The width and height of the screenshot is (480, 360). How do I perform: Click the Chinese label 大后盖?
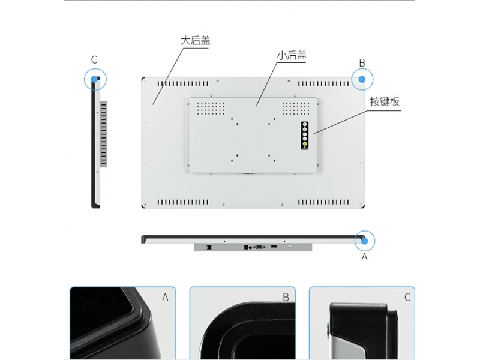coord(196,41)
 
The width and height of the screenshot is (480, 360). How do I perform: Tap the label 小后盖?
coord(292,55)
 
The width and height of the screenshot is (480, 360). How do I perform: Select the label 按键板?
coord(385,101)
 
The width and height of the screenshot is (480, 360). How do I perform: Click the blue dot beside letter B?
coord(362,79)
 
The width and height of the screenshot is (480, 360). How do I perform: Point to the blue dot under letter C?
coord(94,79)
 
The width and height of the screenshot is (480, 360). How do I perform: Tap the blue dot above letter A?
coord(364,241)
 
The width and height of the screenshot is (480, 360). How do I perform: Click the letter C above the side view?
coord(94,59)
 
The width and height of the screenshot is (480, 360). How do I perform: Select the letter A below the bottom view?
coord(364,257)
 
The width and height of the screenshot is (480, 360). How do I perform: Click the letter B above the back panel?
coord(362,63)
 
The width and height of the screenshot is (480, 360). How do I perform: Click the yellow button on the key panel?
coord(305,143)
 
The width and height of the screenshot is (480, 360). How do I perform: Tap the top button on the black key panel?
coord(305,125)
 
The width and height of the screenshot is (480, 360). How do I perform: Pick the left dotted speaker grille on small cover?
coord(211,109)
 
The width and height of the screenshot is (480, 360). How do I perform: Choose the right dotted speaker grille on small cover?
coord(296,109)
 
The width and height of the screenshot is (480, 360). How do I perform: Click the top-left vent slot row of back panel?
coord(183,83)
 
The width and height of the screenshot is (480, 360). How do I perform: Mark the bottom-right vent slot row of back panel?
coord(323,202)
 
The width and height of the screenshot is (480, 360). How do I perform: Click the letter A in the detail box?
coord(166,297)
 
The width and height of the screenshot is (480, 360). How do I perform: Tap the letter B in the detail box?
coord(286,297)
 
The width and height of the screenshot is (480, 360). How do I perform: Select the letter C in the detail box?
coord(407,297)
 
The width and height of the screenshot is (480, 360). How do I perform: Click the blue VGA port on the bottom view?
coord(259,247)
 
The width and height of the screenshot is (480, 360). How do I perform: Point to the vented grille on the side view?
coord(104,134)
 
